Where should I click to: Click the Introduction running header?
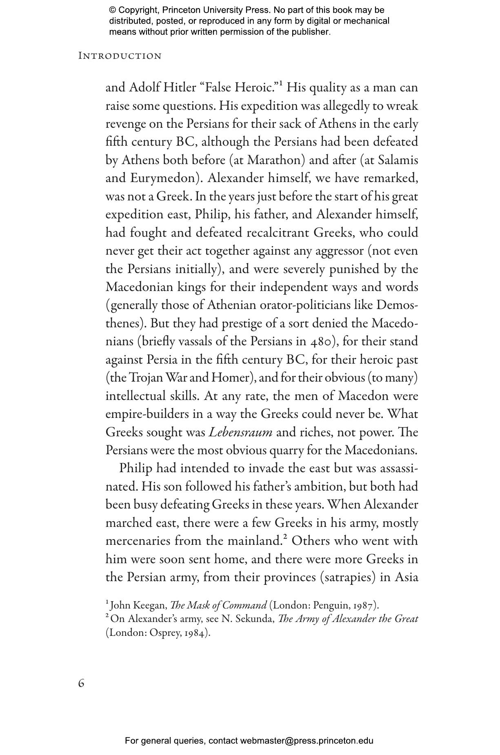pos(120,56)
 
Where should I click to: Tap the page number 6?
pos(81,683)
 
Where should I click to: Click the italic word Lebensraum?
pos(240,432)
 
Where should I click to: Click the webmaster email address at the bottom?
pos(307,741)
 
